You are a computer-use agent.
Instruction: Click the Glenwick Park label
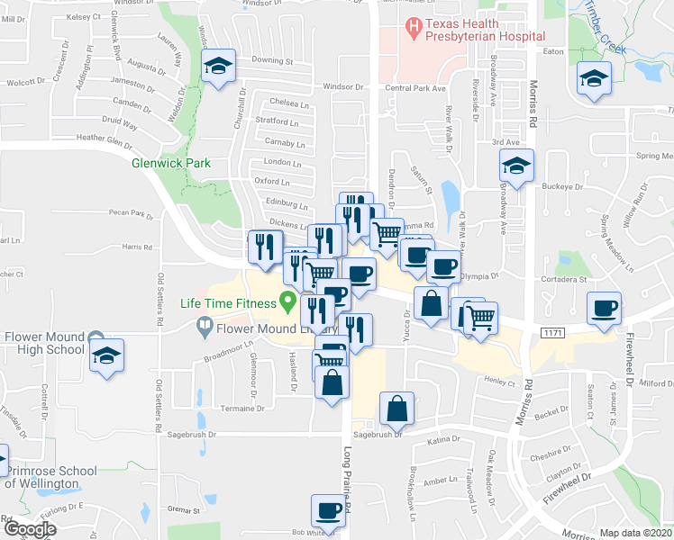[170, 163]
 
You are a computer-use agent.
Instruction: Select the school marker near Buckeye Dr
[516, 166]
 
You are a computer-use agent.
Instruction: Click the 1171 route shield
[553, 333]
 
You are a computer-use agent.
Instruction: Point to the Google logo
[30, 529]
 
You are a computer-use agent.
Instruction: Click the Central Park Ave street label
[415, 88]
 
